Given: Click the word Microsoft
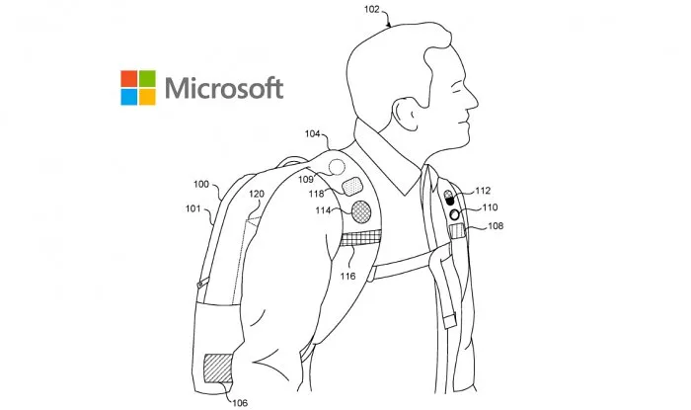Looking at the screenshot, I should point(224,87).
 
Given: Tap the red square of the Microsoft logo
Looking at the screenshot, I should point(130,77).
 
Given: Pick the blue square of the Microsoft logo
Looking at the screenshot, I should point(130,96).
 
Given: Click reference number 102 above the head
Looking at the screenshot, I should point(371,12).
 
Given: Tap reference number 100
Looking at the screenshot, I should point(200,185).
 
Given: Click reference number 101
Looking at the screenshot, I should point(192,208).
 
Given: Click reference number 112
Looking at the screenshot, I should point(483,191).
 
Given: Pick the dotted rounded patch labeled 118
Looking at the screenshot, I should point(352,185).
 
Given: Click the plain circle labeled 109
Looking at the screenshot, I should point(337,167).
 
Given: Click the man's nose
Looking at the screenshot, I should point(473,99).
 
